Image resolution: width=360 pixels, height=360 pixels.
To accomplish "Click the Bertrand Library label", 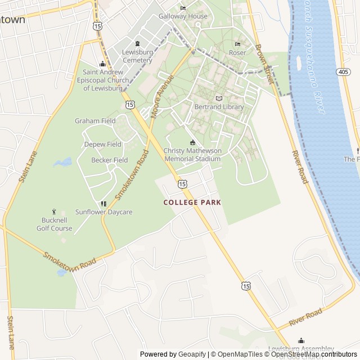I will (x=219, y=107).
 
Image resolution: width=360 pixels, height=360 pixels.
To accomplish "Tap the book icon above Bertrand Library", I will (x=219, y=98).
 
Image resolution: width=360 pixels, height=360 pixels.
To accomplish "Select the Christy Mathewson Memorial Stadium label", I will (x=192, y=155).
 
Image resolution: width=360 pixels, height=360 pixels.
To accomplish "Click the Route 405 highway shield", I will (x=344, y=71).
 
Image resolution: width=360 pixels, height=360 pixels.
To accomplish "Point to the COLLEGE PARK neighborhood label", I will (x=192, y=202).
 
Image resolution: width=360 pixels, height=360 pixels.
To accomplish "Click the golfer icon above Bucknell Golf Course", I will (x=54, y=211).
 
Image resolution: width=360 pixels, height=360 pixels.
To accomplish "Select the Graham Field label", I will (x=95, y=121).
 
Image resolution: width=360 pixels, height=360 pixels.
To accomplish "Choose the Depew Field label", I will (x=102, y=145).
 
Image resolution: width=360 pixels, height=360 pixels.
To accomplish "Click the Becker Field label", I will (x=109, y=160).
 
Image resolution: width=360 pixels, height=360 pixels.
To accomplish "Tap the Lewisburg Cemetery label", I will (x=137, y=56).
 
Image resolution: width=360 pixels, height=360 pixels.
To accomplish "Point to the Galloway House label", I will (x=183, y=16).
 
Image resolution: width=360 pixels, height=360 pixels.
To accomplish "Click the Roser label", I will (x=237, y=53).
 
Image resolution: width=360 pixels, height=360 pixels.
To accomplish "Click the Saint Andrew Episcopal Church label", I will (x=102, y=80).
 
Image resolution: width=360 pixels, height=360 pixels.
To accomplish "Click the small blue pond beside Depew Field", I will (x=62, y=163).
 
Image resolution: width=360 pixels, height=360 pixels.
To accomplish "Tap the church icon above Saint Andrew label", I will (x=102, y=64).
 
